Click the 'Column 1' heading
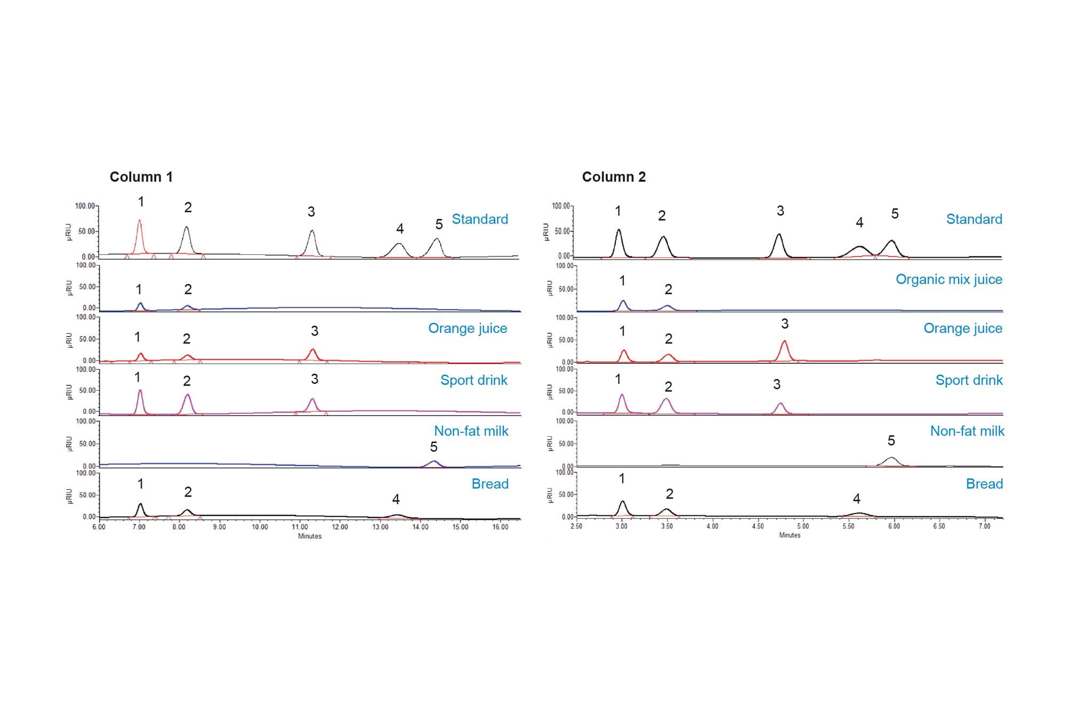pos(141,177)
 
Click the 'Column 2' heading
pos(614,177)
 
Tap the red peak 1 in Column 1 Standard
pos(140,235)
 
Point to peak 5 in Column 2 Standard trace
pos(891,247)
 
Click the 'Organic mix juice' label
pos(949,279)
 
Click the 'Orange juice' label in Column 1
pos(467,329)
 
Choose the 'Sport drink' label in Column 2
pos(969,380)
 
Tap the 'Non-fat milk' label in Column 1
pos(471,431)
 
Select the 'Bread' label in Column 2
pos(984,484)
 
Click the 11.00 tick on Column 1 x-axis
pos(300,527)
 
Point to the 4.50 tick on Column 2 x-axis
pos(758,526)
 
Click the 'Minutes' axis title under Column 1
pos(309,536)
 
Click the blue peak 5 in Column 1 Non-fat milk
pos(434,463)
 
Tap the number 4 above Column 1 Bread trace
pos(396,499)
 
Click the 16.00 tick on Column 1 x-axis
pos(500,527)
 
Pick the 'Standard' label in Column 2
pos(974,219)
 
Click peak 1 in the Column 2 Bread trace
pos(623,507)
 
